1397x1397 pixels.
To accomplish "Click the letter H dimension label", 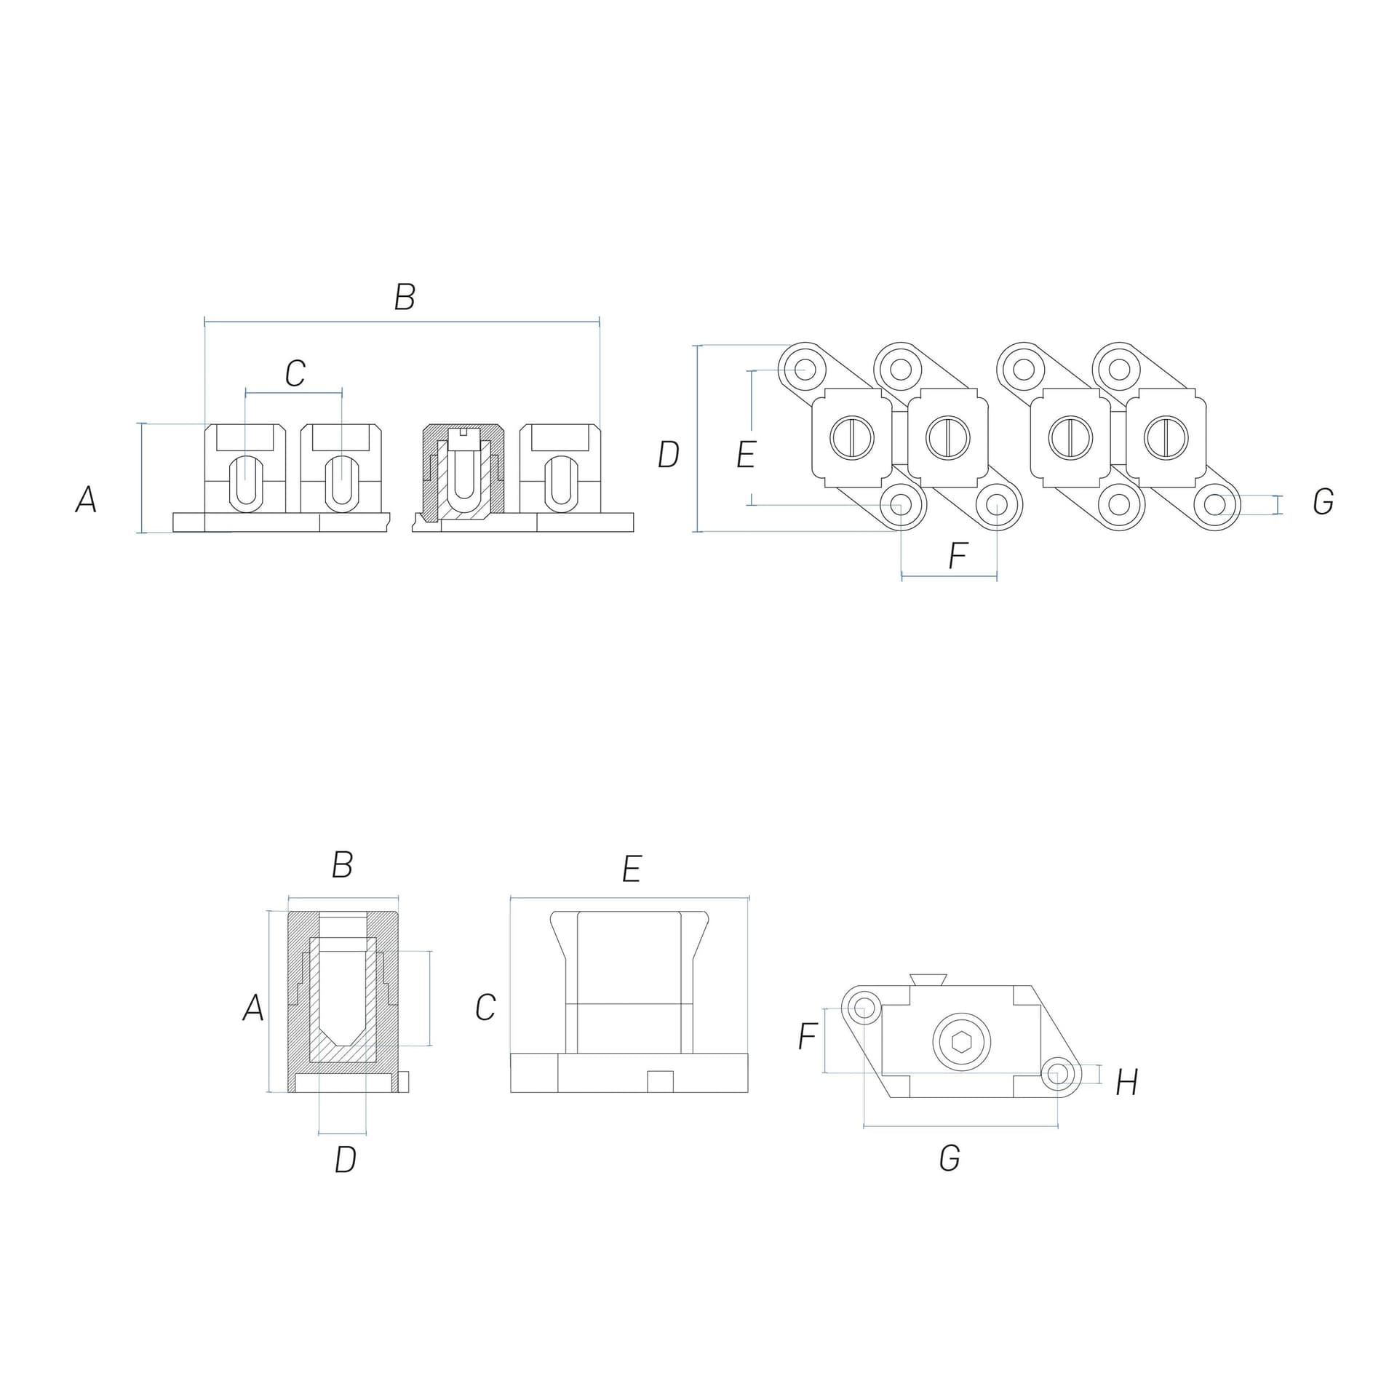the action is (x=1126, y=1083).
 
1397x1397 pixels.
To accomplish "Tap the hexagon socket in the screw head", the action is (x=961, y=1043).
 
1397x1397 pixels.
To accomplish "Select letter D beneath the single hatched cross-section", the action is (x=346, y=1161).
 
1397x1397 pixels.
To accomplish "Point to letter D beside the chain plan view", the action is (x=668, y=455).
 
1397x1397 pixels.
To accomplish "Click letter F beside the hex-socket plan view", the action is (x=808, y=1036).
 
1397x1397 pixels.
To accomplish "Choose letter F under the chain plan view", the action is (x=958, y=557).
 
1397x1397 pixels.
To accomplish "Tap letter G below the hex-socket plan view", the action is (x=950, y=1158).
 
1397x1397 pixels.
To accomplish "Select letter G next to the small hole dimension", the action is (x=1323, y=502).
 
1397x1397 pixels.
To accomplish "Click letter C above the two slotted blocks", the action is (x=295, y=373).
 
